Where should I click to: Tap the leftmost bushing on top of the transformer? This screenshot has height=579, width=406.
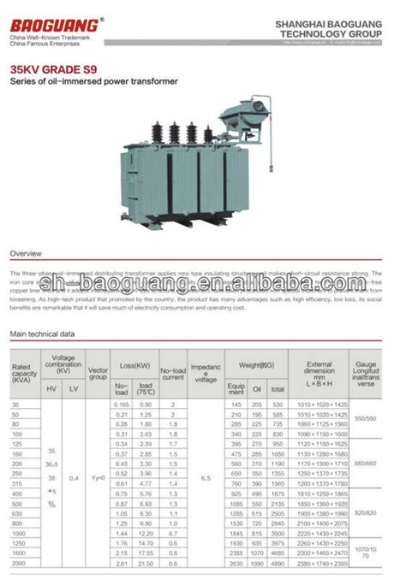point(157,133)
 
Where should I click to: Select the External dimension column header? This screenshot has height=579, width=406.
point(319,373)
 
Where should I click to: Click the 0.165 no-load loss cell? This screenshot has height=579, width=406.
point(122,404)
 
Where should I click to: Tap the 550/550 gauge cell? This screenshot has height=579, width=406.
point(366,418)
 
